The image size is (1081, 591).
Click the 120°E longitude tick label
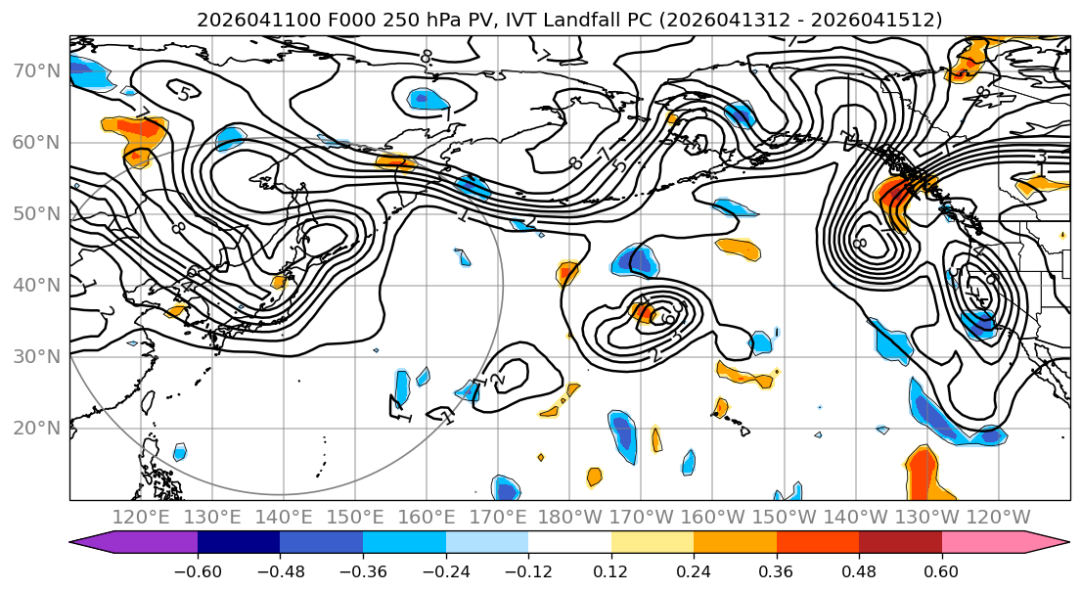[142, 517]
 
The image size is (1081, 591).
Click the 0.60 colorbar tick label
[941, 570]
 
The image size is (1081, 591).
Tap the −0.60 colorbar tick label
[198, 570]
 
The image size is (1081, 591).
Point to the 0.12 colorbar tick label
[610, 570]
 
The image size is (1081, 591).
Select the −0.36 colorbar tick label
[363, 570]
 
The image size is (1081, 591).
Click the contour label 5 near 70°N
[183, 93]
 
